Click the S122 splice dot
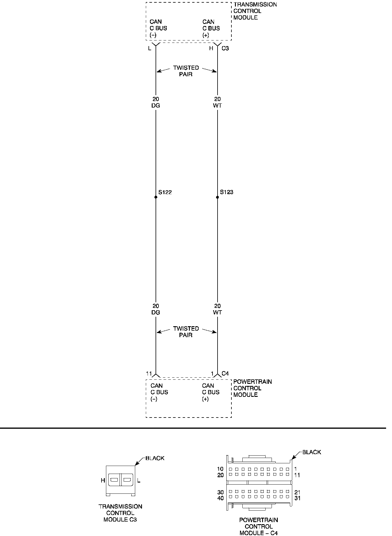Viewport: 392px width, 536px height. pos(156,197)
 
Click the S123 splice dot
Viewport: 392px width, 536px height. pos(218,197)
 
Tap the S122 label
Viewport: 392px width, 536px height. pos(165,192)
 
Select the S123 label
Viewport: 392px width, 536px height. pos(227,192)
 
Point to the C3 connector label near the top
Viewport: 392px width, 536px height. pos(225,48)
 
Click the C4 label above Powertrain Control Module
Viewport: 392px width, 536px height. pos(225,373)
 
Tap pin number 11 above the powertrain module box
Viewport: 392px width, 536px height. pos(149,373)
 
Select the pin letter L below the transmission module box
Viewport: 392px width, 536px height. pos(150,48)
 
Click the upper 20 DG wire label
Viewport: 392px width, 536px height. pos(156,102)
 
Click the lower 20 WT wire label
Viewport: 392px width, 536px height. pos(218,309)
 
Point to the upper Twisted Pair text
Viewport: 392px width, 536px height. pos(186,71)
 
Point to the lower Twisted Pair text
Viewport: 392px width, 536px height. pos(186,332)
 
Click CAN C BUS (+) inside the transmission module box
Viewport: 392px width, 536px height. pos(211,28)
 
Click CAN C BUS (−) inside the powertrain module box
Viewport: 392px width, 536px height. pos(159,392)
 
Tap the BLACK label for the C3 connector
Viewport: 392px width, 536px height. pos(155,458)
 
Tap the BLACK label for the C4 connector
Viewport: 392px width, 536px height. pos(312,452)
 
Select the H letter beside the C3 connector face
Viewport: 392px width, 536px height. pos(103,481)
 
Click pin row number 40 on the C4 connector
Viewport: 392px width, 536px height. pos(221,498)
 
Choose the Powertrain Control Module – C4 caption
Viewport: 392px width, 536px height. pos(259,526)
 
